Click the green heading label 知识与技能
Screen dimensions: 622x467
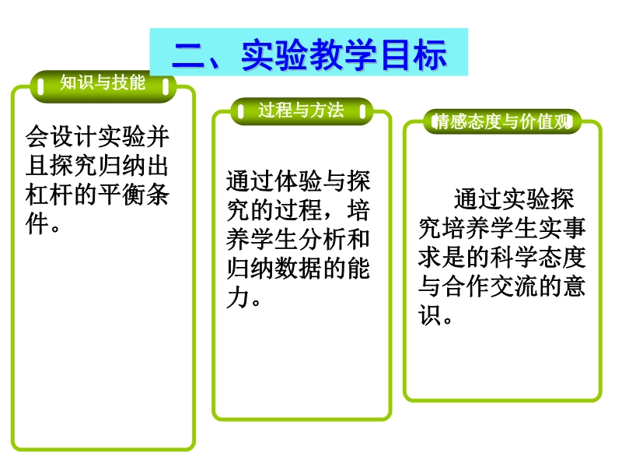coord(103,83)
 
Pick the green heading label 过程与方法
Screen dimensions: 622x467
coord(301,110)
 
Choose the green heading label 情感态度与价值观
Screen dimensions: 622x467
coord(501,121)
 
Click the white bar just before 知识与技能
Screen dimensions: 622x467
coord(41,86)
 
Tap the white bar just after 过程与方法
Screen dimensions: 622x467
coord(362,111)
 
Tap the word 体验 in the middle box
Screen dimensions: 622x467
coord(299,181)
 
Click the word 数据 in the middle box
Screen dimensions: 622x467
coord(299,269)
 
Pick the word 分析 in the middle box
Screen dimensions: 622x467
coord(322,240)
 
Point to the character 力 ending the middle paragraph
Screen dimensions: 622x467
coord(238,298)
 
